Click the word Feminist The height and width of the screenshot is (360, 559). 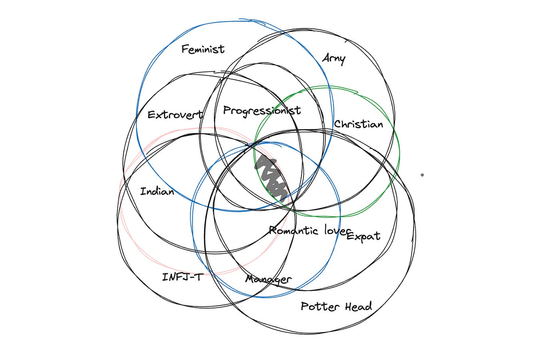pos(203,49)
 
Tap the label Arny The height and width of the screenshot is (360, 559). pos(334,59)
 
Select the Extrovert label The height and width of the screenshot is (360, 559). pos(174,115)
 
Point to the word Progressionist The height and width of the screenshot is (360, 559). pos(262,111)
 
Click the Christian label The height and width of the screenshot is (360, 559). pos(358,124)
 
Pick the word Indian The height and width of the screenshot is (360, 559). pos(157,191)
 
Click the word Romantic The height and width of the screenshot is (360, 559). pos(293,231)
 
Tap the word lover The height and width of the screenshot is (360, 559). pos(337,231)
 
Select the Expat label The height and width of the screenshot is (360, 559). pos(363,236)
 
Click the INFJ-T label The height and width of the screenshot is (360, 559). pos(182,276)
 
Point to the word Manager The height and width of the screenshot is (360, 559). pos(268,279)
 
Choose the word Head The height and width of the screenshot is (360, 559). pos(358,306)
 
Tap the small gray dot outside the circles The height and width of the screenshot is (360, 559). pos(422,175)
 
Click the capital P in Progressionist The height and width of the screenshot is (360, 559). pos(226,110)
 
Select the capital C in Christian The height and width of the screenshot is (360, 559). pos(337,124)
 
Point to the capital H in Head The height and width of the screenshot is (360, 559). pos(349,306)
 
